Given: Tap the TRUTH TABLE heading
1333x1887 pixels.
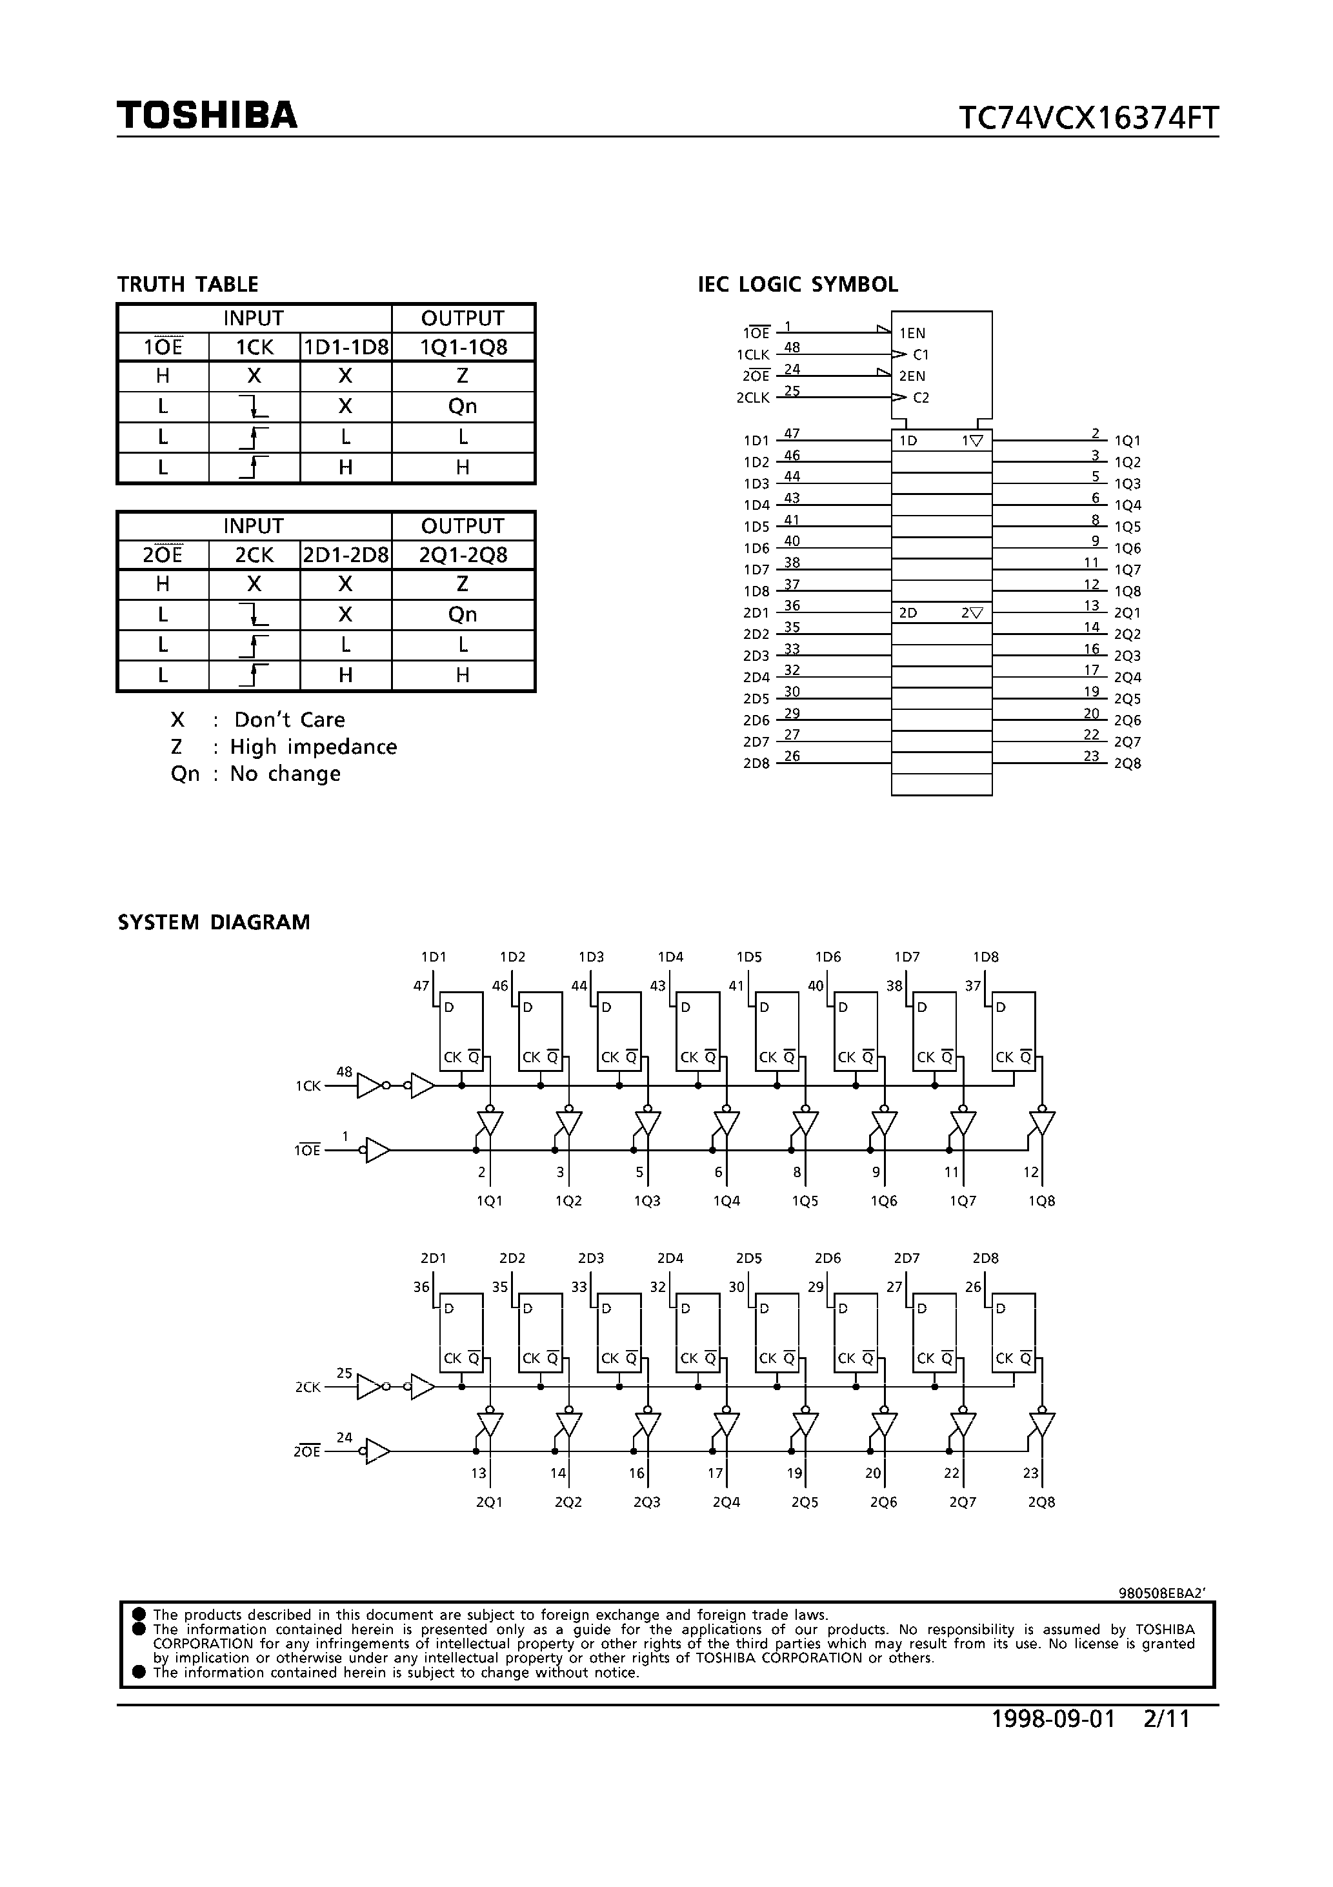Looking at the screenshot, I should [x=187, y=285].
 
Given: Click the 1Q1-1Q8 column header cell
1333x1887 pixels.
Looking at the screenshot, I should [x=463, y=347].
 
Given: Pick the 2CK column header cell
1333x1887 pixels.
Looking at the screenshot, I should [x=254, y=555].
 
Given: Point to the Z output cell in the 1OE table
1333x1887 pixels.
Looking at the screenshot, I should [x=463, y=376].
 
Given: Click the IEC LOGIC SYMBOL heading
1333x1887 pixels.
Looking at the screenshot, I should [x=797, y=285].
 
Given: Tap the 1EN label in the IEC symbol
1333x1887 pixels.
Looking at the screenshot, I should [x=912, y=333].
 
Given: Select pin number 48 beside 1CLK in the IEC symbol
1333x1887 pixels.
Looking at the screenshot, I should [x=792, y=348].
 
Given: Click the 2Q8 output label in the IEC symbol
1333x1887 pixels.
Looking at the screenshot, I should [x=1127, y=763].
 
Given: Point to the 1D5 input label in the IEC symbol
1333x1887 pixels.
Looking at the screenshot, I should [x=756, y=527].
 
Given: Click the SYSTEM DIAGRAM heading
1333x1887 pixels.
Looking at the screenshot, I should [x=214, y=922].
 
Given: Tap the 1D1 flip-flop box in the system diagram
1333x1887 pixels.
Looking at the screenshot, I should [x=461, y=1031].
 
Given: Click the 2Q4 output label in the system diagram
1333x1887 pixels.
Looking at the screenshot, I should [x=726, y=1502].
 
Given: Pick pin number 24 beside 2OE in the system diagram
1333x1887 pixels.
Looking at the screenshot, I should [x=345, y=1437].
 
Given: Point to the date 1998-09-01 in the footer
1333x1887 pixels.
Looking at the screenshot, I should [x=1054, y=1742].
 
